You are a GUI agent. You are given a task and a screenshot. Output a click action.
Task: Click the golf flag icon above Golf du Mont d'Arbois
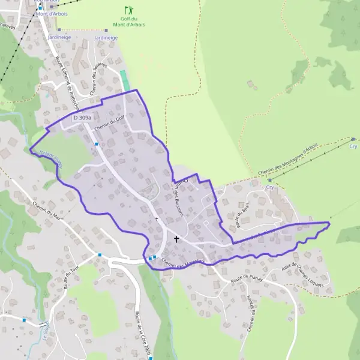point(128,10)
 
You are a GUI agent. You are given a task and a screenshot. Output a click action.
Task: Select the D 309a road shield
point(83,118)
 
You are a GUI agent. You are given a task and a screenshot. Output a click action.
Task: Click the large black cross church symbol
point(176,239)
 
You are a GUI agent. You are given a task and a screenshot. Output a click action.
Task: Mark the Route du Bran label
point(243,214)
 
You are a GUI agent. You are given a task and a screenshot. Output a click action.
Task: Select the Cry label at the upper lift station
point(353,146)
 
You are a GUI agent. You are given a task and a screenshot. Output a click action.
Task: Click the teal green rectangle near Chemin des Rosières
point(124,80)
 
